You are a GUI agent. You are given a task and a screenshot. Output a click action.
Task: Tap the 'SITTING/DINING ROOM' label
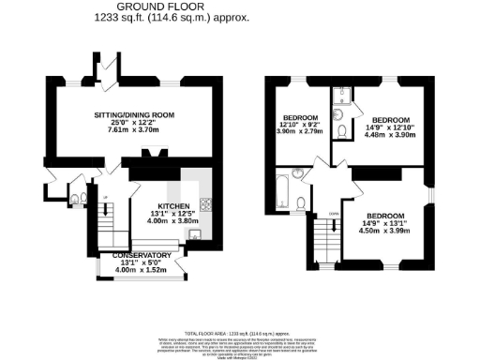click(x=142, y=114)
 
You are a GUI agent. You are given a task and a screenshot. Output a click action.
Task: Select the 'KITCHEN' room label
click(x=174, y=205)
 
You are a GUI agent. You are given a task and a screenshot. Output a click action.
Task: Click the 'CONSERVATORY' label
click(x=142, y=255)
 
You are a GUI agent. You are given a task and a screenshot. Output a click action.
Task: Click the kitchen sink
click(x=195, y=234)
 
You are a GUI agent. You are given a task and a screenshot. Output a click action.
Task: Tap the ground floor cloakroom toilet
click(x=76, y=198)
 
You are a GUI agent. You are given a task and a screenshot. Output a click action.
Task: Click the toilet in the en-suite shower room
click(x=338, y=129)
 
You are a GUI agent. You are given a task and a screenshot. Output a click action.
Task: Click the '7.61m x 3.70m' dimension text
click(x=142, y=130)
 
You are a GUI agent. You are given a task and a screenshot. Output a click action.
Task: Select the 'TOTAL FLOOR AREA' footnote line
click(x=239, y=333)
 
